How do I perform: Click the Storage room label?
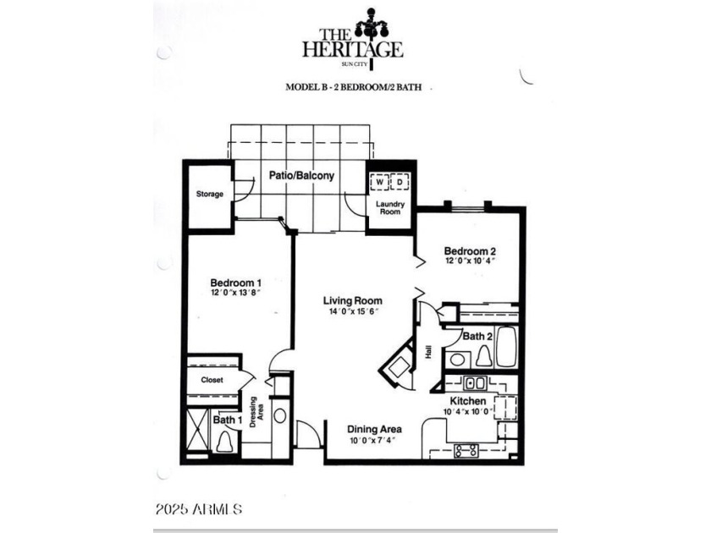pyautogui.click(x=210, y=195)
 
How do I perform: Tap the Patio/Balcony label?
pyautogui.click(x=301, y=176)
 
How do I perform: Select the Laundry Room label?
pyautogui.click(x=391, y=208)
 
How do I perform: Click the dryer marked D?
pyautogui.click(x=399, y=182)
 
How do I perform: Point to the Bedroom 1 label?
pyautogui.click(x=235, y=283)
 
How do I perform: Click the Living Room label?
pyautogui.click(x=352, y=300)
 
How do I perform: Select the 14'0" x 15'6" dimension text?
pyautogui.click(x=352, y=312)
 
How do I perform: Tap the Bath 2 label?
pyautogui.click(x=477, y=336)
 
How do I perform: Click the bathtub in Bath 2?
pyautogui.click(x=506, y=347)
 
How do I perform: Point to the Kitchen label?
pyautogui.click(x=468, y=400)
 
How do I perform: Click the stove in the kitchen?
pyautogui.click(x=466, y=450)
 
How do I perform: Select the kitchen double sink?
pyautogui.click(x=475, y=382)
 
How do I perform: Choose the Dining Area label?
pyautogui.click(x=373, y=429)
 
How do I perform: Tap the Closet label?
pyautogui.click(x=212, y=380)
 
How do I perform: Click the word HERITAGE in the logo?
pyautogui.click(x=353, y=48)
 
